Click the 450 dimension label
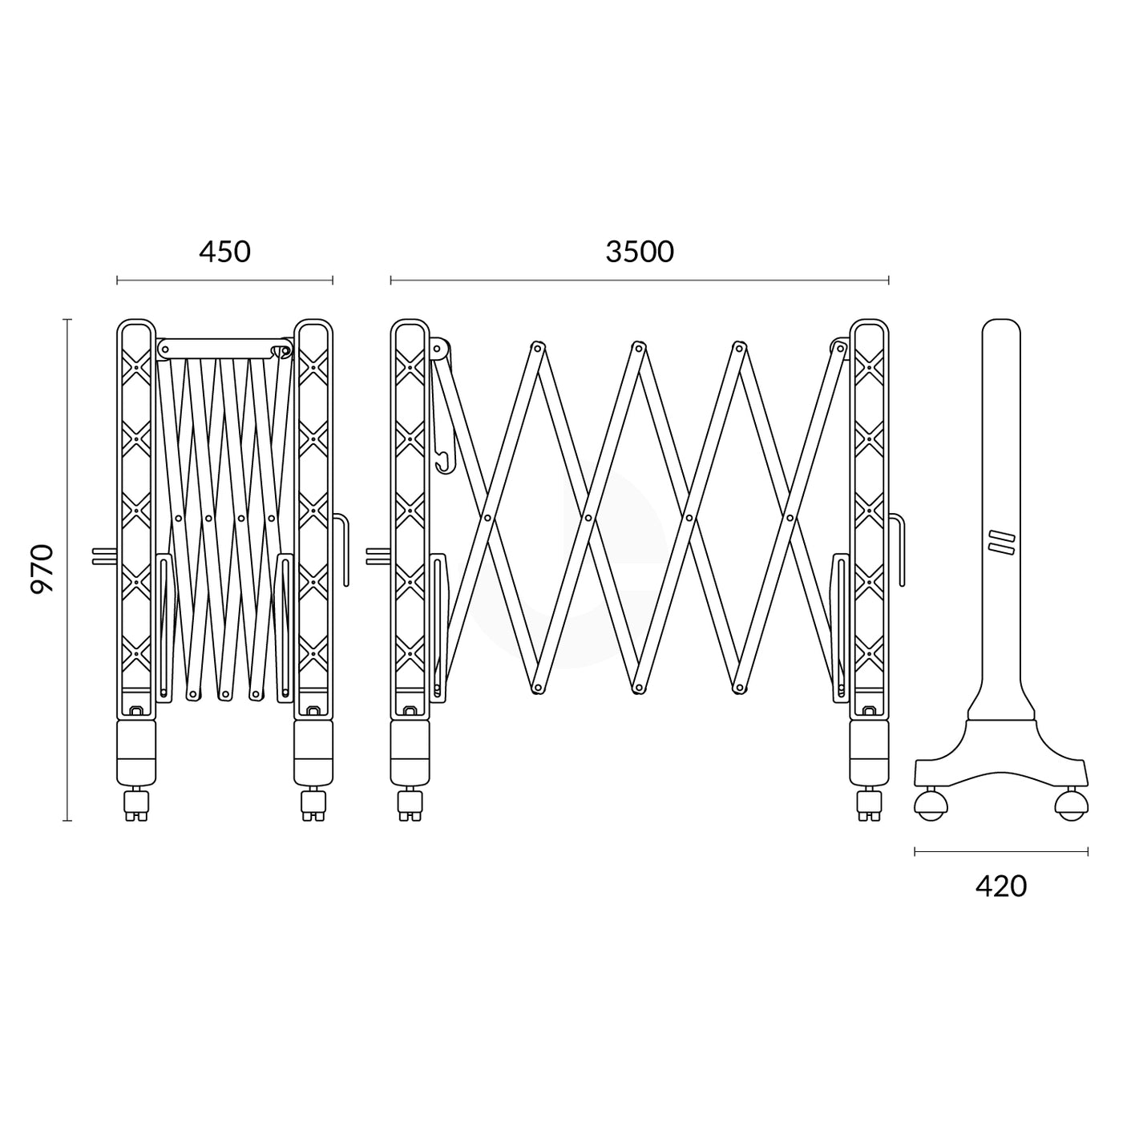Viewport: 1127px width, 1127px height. pyautogui.click(x=224, y=252)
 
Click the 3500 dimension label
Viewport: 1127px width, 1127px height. pyautogui.click(x=640, y=252)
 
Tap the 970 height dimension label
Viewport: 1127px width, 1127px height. pyautogui.click(x=42, y=568)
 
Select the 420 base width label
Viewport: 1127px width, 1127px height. pyautogui.click(x=1000, y=886)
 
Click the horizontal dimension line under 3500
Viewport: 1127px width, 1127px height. pyautogui.click(x=640, y=281)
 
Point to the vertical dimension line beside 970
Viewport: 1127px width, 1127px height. pyautogui.click(x=67, y=569)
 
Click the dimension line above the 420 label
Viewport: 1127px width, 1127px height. pyautogui.click(x=1000, y=851)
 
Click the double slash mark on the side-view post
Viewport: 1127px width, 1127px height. pyautogui.click(x=1001, y=542)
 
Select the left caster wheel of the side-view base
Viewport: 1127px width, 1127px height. pyautogui.click(x=930, y=803)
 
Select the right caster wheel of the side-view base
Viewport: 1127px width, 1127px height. pyautogui.click(x=1071, y=803)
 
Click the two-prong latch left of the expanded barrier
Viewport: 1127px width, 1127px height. pyautogui.click(x=377, y=556)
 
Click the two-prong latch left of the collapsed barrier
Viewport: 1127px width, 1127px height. pyautogui.click(x=103, y=556)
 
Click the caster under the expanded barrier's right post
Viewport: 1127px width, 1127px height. pyautogui.click(x=869, y=804)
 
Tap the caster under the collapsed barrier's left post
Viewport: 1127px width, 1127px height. pyautogui.click(x=136, y=804)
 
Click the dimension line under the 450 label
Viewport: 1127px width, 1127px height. pyautogui.click(x=224, y=281)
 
